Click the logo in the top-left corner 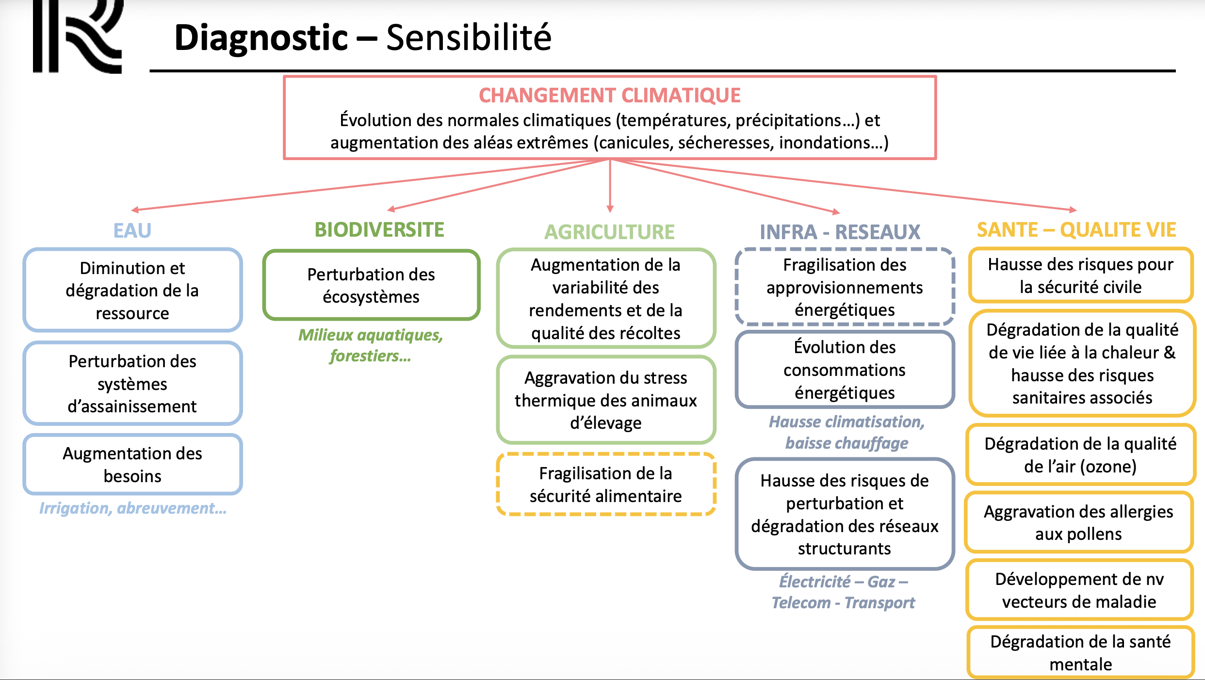point(78,36)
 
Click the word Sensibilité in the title point(469,38)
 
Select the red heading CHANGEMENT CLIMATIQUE point(609,96)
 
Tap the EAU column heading point(132,230)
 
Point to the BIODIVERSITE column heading point(379,230)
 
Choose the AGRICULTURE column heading point(609,232)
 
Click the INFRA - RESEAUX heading point(840,232)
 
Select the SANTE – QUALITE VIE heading point(1076,230)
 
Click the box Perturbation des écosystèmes point(371,285)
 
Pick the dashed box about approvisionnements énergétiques point(845,287)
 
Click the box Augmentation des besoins point(132,465)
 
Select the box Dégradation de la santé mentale point(1080,652)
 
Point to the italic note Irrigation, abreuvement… point(132,508)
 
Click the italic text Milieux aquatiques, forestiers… point(371,345)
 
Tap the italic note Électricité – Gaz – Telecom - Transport point(843,592)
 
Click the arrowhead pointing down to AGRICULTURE point(610,209)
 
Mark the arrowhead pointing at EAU point(135,210)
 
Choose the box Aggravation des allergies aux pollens point(1078,522)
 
